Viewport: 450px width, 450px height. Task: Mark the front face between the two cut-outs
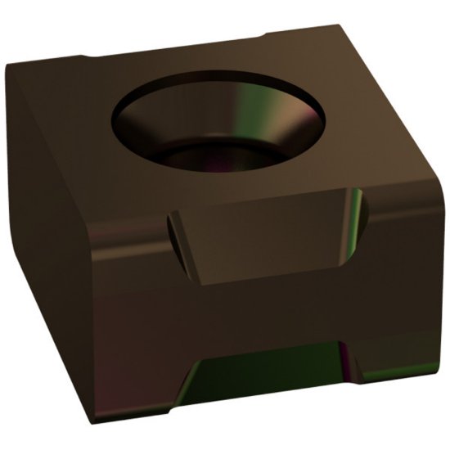coord(262,311)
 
